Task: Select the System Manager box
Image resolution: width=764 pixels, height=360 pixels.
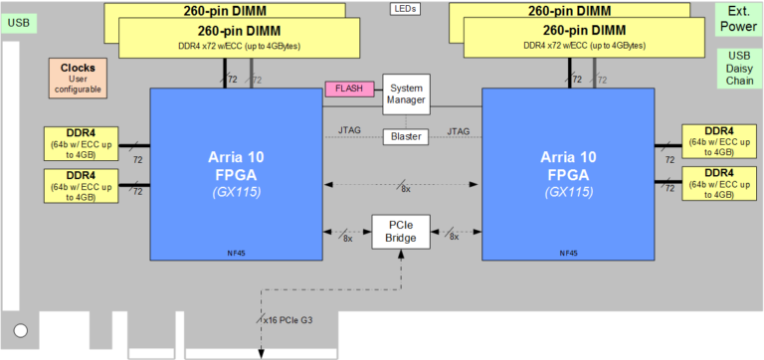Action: coord(405,93)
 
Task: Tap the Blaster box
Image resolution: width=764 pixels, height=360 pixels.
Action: coord(405,136)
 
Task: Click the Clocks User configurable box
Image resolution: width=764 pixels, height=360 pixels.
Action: coord(78,78)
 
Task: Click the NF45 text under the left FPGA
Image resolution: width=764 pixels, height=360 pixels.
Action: coord(236,254)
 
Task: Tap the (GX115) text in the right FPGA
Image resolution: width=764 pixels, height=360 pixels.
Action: coord(568,192)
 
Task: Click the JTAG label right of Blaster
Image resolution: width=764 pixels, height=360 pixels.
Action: coord(459,130)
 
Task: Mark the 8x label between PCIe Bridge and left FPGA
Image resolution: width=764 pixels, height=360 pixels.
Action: coord(346,238)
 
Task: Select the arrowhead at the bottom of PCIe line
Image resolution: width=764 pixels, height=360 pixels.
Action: coord(262,354)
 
